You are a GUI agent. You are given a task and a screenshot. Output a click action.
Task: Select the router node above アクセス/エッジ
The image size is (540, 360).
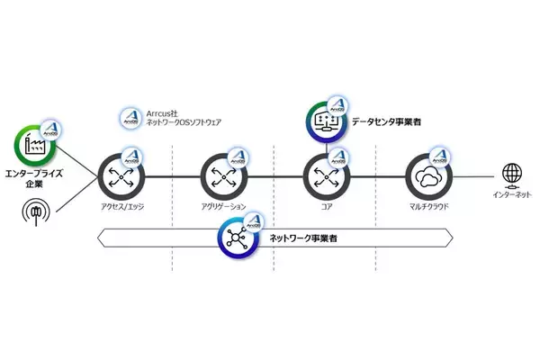[119, 175]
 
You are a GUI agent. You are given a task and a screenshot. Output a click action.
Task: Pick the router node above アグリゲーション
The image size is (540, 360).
[221, 175]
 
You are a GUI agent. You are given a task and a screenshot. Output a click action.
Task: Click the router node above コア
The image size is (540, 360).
[320, 175]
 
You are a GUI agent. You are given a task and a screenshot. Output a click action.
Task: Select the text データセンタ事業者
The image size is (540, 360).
[389, 120]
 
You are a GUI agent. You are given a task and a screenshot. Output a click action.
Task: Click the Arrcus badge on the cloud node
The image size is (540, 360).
[441, 154]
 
